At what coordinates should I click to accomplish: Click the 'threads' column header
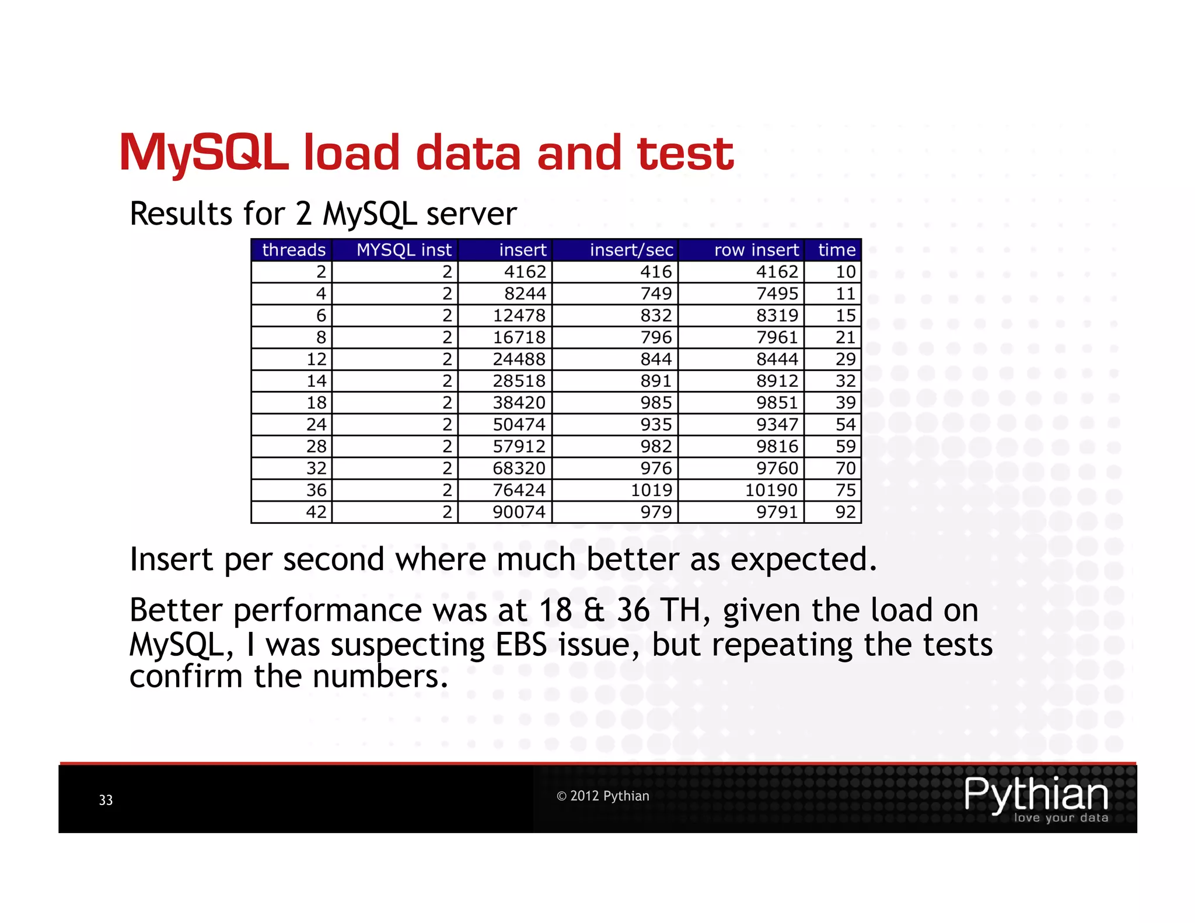(293, 250)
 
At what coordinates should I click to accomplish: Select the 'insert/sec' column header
(631, 250)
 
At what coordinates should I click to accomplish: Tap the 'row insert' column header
(756, 250)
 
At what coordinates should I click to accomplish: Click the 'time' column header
(837, 250)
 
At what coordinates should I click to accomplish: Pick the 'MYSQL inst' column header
(404, 250)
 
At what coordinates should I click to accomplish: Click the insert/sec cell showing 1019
(651, 490)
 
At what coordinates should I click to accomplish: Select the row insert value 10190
(771, 490)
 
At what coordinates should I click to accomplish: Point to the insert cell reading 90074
(519, 512)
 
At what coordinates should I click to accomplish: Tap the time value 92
(845, 512)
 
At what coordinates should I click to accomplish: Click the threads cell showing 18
(316, 403)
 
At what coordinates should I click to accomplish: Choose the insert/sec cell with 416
(656, 272)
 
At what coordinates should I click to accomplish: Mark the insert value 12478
(519, 316)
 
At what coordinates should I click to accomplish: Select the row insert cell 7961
(777, 337)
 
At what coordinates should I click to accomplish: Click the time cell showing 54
(845, 424)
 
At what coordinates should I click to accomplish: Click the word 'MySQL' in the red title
(204, 153)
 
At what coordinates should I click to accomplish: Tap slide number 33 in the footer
(106, 800)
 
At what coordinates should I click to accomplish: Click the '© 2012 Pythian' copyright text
(603, 796)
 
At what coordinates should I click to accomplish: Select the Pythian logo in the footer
(1036, 799)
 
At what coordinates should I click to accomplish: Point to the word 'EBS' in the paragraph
(521, 645)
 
